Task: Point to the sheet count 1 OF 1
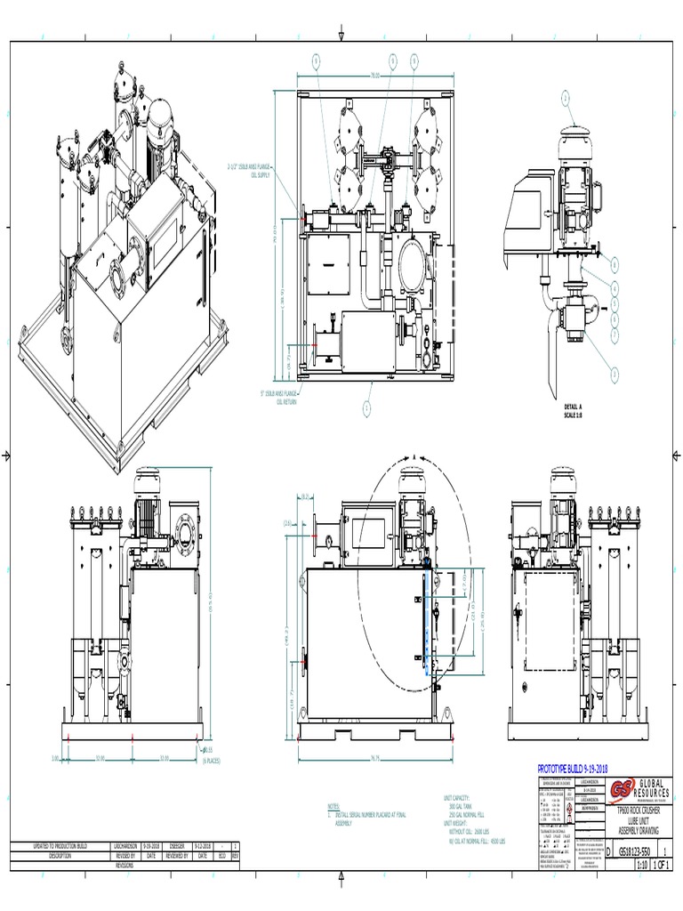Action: [663, 864]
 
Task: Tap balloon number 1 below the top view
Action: [366, 408]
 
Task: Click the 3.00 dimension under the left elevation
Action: [54, 758]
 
